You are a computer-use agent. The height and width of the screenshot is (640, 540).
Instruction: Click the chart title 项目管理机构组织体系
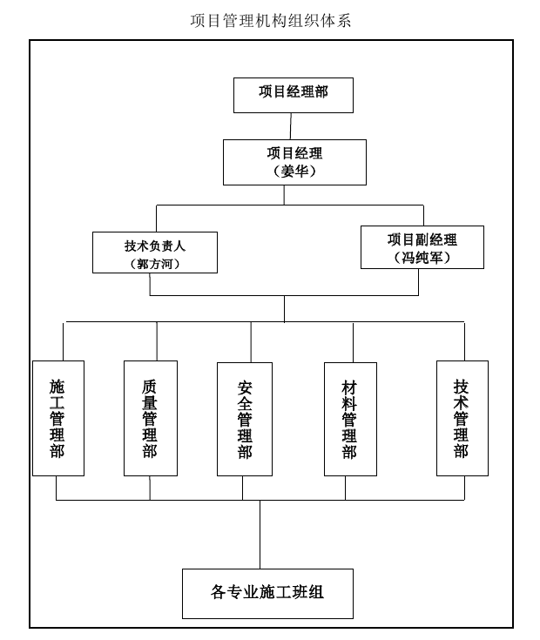coord(270,20)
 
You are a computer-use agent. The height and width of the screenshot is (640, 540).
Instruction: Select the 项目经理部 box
coord(293,95)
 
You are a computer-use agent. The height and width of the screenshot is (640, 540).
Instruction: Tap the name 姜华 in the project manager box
coord(294,171)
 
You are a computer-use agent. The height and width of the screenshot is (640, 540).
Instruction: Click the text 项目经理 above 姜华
coord(294,153)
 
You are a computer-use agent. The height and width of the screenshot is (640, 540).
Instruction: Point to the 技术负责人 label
coord(155,246)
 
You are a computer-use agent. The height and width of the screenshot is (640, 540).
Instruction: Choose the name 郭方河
coord(155,264)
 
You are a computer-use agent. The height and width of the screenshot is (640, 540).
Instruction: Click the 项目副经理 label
coord(422,239)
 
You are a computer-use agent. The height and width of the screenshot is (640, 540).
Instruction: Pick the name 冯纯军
coord(422,258)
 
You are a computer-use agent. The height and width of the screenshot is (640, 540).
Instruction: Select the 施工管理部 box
coord(58,418)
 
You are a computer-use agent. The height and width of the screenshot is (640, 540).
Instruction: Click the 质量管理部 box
coord(151,418)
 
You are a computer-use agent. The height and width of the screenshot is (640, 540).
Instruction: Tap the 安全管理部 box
coord(245,419)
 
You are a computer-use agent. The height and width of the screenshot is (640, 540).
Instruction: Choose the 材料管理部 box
coord(350,419)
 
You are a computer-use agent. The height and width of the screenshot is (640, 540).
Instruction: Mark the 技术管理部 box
coord(462,418)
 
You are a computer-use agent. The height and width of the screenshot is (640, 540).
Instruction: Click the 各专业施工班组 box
coord(267,594)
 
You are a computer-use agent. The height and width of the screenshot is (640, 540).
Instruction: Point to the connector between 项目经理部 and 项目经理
coord(291,126)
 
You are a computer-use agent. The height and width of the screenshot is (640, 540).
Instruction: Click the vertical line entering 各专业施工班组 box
coord(260,535)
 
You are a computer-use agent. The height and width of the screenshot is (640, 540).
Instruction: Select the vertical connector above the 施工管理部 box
coord(64,341)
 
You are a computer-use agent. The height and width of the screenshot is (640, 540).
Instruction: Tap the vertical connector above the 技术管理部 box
coord(464,341)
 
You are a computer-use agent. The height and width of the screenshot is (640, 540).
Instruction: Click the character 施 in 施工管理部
coord(57,386)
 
